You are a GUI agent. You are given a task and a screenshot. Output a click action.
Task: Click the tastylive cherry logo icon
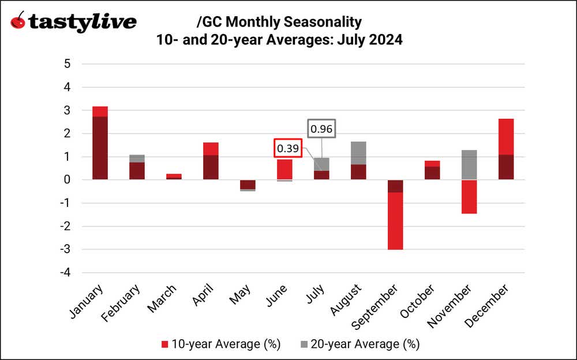click(x=18, y=21)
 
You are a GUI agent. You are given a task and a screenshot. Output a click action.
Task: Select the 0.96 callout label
click(x=321, y=129)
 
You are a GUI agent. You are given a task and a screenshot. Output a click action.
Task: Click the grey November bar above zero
click(x=469, y=165)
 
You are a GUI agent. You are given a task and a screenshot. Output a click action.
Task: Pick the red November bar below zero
click(x=469, y=197)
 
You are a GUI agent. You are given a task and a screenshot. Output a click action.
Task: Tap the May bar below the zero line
click(x=248, y=185)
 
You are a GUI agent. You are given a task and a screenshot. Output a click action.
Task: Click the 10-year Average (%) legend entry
click(x=220, y=344)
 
